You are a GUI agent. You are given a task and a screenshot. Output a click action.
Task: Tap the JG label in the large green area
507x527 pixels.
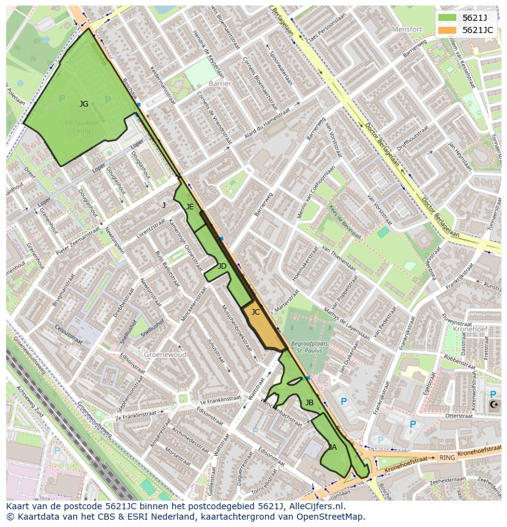[x=84, y=104]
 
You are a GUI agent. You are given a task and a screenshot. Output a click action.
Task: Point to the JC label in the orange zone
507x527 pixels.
[x=256, y=312]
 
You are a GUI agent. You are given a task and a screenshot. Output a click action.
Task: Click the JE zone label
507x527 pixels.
[x=190, y=207]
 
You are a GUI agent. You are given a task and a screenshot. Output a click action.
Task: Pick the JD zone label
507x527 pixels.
[x=222, y=266]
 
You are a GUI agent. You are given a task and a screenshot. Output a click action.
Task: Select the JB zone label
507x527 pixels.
[x=309, y=402]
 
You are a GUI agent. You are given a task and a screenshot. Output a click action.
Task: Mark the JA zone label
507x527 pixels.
[x=332, y=447]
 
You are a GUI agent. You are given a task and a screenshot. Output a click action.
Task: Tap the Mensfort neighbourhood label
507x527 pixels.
[x=407, y=29]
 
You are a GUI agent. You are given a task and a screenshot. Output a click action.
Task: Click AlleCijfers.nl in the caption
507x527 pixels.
[x=316, y=506]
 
